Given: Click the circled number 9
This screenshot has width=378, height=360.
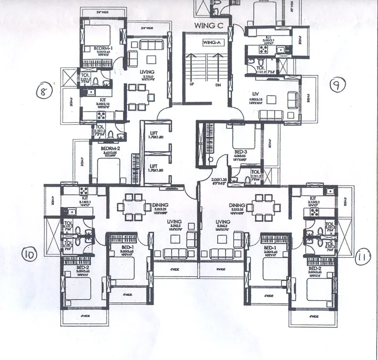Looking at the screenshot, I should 335,85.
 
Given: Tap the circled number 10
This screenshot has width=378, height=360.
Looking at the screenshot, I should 30,254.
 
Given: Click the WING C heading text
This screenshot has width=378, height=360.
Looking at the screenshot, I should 208,25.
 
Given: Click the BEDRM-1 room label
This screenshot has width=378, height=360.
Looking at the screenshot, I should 103,48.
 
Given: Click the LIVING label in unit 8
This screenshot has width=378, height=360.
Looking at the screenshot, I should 147,72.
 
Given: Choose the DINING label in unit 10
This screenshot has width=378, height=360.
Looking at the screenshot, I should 160,205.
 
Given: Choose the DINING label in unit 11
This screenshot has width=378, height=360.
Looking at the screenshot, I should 237,205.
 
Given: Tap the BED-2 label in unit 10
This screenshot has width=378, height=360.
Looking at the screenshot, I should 70,267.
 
